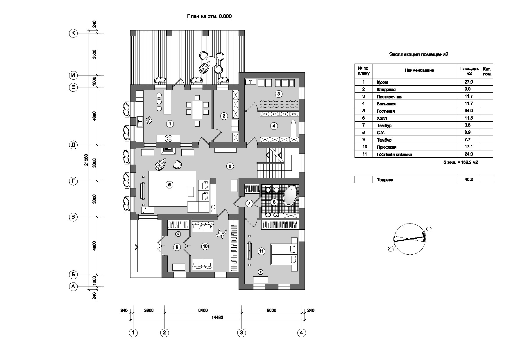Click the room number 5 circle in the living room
click(170, 184)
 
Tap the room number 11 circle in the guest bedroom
click(262, 251)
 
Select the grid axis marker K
click(73, 33)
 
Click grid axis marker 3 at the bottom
click(241, 333)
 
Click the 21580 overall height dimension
click(86, 160)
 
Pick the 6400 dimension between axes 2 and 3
click(203, 310)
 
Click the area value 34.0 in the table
click(468, 111)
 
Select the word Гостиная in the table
click(385, 111)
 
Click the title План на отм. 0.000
click(209, 17)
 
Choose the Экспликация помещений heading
click(419, 55)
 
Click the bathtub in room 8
click(290, 196)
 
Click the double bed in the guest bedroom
click(284, 254)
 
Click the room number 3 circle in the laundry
click(278, 94)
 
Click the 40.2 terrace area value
click(468, 179)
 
